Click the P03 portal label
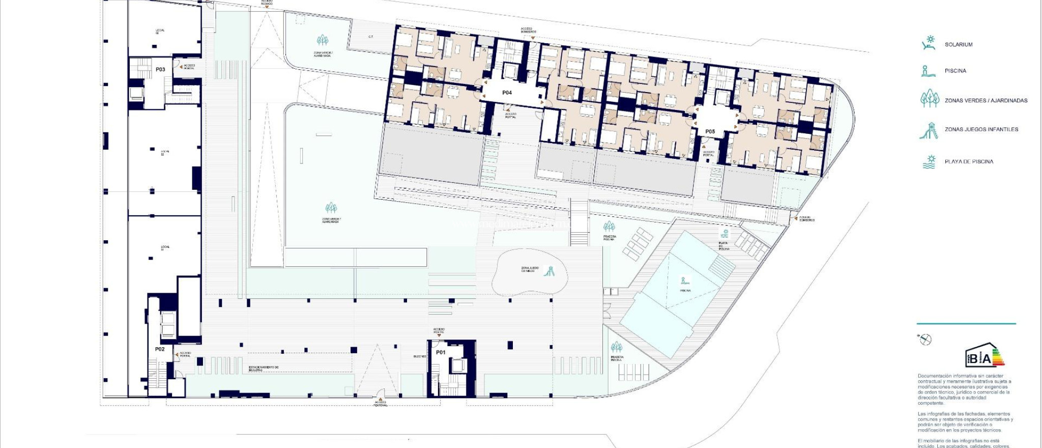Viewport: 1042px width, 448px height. [160, 70]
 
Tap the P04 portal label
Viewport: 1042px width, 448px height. [507, 93]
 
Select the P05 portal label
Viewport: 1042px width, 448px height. [710, 132]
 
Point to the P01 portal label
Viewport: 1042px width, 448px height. [441, 352]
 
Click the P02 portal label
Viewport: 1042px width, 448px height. [160, 349]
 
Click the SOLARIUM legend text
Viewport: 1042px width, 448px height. [958, 45]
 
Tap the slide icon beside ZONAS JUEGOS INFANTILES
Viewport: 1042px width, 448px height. [929, 130]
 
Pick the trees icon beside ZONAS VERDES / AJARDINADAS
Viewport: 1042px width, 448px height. [930, 98]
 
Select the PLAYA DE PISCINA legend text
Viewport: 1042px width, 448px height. [969, 162]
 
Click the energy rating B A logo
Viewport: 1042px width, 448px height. [985, 355]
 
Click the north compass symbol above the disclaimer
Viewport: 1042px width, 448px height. [925, 340]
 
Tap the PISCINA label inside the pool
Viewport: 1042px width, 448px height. [685, 291]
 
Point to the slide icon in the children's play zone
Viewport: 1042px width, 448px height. [549, 271]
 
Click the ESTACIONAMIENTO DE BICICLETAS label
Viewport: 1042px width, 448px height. [263, 368]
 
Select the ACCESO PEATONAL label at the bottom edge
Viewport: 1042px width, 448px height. [381, 404]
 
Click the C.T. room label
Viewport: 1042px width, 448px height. [371, 37]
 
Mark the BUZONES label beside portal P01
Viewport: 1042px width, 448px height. [420, 356]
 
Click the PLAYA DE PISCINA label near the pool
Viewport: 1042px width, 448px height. [723, 246]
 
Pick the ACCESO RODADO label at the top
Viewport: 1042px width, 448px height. [267, 2]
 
